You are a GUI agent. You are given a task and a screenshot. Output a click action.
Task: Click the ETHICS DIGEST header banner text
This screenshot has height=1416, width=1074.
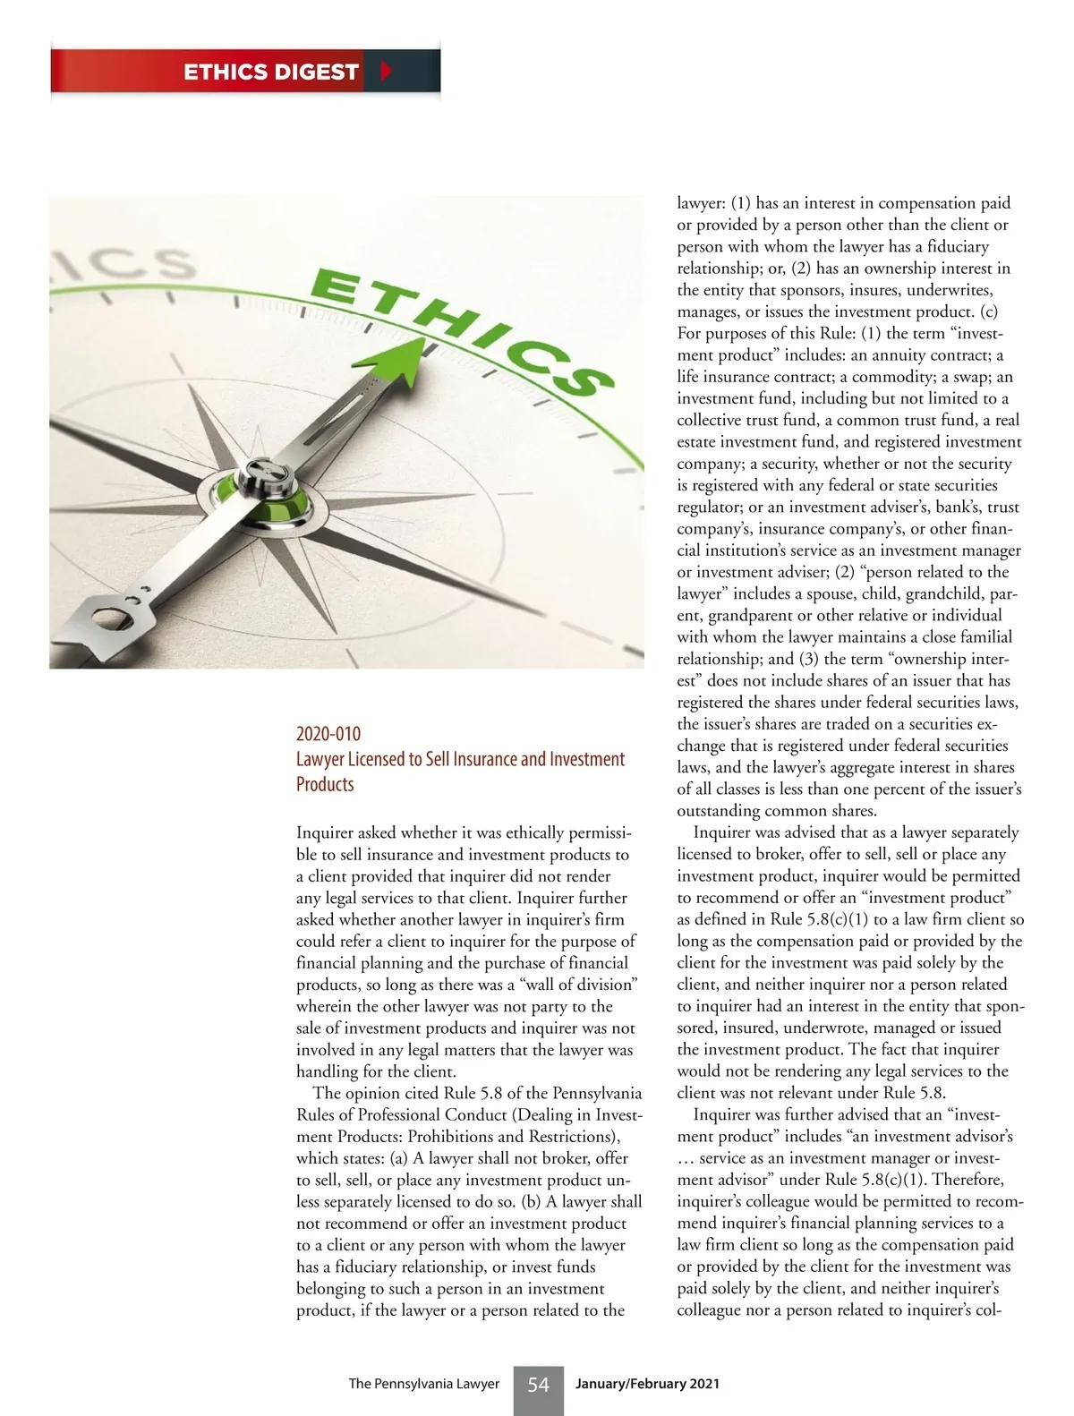coord(270,72)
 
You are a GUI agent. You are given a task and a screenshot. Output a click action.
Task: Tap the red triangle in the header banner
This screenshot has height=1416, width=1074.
coord(386,71)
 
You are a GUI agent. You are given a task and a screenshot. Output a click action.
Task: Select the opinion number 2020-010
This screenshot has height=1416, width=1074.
coord(328,734)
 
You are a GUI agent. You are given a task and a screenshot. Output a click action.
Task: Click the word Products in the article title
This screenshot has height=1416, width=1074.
coord(325,784)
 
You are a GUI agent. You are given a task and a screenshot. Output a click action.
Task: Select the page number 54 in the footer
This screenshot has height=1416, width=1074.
coord(538,1385)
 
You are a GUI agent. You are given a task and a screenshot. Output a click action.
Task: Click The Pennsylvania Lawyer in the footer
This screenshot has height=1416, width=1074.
coord(423,1384)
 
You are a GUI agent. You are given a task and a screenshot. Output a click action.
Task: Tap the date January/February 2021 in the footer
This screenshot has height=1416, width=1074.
coord(647,1384)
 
